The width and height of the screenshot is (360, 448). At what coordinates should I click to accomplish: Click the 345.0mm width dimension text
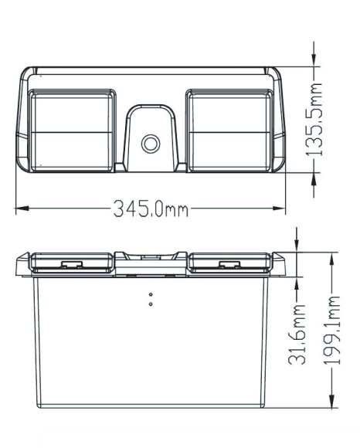tap(151, 209)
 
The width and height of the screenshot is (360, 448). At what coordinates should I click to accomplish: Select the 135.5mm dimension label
tap(314, 120)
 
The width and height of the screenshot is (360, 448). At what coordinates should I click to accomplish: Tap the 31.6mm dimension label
tap(297, 334)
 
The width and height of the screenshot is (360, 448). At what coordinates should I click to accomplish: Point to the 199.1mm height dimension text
tap(332, 331)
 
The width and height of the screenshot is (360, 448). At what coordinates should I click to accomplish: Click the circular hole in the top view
tap(151, 144)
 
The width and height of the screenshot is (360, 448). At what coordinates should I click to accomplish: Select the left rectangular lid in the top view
tap(72, 131)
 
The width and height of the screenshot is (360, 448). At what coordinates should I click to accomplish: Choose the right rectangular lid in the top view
tap(230, 131)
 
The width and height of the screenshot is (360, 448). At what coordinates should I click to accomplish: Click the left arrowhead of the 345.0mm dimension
tap(22, 209)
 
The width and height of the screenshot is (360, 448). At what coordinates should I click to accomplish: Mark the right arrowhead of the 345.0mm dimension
tap(279, 209)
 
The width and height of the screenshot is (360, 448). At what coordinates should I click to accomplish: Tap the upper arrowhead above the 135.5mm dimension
tap(314, 59)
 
